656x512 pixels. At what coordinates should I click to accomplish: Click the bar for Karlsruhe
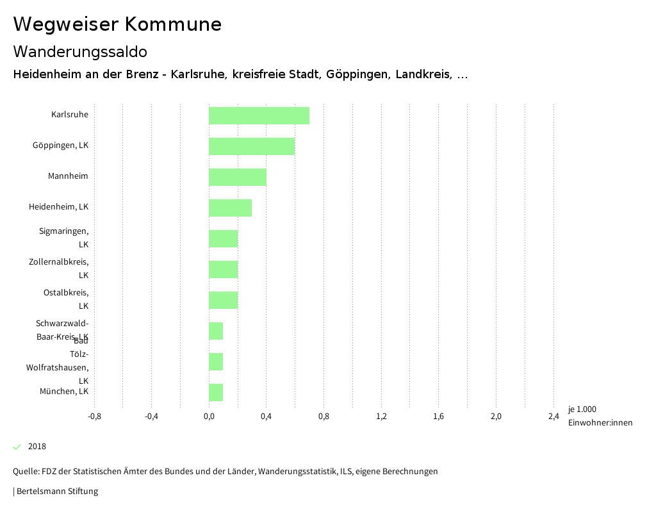pyautogui.click(x=259, y=116)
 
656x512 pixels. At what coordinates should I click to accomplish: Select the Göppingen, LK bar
pyautogui.click(x=252, y=147)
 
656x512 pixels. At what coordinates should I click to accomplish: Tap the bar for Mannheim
pyautogui.click(x=237, y=178)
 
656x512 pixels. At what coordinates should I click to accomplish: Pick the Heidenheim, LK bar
pyautogui.click(x=230, y=208)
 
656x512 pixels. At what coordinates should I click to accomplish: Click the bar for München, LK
pyautogui.click(x=216, y=393)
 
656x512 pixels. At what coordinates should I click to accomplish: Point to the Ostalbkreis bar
pyautogui.click(x=223, y=301)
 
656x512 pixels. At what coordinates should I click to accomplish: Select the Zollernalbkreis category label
pyautogui.click(x=58, y=268)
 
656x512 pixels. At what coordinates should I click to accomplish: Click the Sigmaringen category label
pyautogui.click(x=63, y=238)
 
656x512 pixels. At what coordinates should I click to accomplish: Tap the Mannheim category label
pyautogui.click(x=68, y=176)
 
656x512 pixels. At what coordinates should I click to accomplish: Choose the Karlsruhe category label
pyautogui.click(x=70, y=115)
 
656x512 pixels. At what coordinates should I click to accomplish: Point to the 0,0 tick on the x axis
pyautogui.click(x=209, y=417)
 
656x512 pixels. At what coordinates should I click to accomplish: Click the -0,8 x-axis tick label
pyautogui.click(x=94, y=417)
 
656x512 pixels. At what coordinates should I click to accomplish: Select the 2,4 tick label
pyautogui.click(x=553, y=417)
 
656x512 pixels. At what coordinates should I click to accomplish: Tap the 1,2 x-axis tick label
pyautogui.click(x=381, y=417)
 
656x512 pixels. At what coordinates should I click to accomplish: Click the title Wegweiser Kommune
pyautogui.click(x=117, y=24)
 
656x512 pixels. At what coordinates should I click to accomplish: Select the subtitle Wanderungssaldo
pyautogui.click(x=80, y=51)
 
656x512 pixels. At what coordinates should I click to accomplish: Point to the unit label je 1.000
pyautogui.click(x=582, y=409)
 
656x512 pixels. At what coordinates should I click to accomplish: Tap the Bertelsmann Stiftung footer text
pyautogui.click(x=57, y=491)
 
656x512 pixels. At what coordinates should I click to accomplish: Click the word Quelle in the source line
pyautogui.click(x=25, y=472)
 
